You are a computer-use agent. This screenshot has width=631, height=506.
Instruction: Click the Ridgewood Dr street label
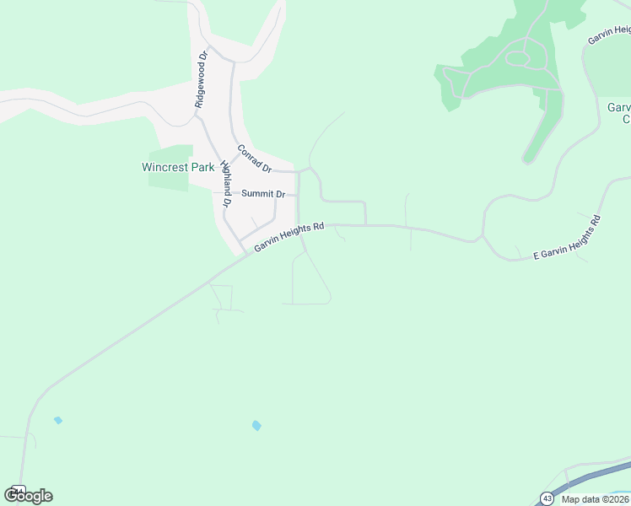201,80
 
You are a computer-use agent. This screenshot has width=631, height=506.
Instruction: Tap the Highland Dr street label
226,183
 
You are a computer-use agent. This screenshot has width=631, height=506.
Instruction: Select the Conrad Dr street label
255,159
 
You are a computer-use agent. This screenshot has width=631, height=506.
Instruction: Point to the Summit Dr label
264,194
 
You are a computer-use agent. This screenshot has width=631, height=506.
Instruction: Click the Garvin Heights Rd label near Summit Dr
289,236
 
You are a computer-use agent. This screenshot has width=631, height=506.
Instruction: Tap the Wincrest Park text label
177,167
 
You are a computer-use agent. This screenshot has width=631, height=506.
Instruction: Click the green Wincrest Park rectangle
169,181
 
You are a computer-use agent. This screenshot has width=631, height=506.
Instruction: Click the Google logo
28,495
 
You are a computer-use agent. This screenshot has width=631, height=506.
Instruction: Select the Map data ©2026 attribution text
594,499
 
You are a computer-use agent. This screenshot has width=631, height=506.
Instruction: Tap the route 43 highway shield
547,498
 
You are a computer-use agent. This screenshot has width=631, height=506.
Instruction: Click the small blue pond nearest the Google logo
57,420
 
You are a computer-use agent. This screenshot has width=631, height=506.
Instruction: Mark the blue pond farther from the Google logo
256,426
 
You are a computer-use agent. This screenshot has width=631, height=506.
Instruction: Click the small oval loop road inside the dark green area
516,59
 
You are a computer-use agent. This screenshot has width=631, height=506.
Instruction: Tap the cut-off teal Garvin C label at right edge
619,113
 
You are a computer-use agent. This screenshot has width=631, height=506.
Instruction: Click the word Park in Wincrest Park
202,167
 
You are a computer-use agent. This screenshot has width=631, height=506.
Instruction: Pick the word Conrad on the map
250,154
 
